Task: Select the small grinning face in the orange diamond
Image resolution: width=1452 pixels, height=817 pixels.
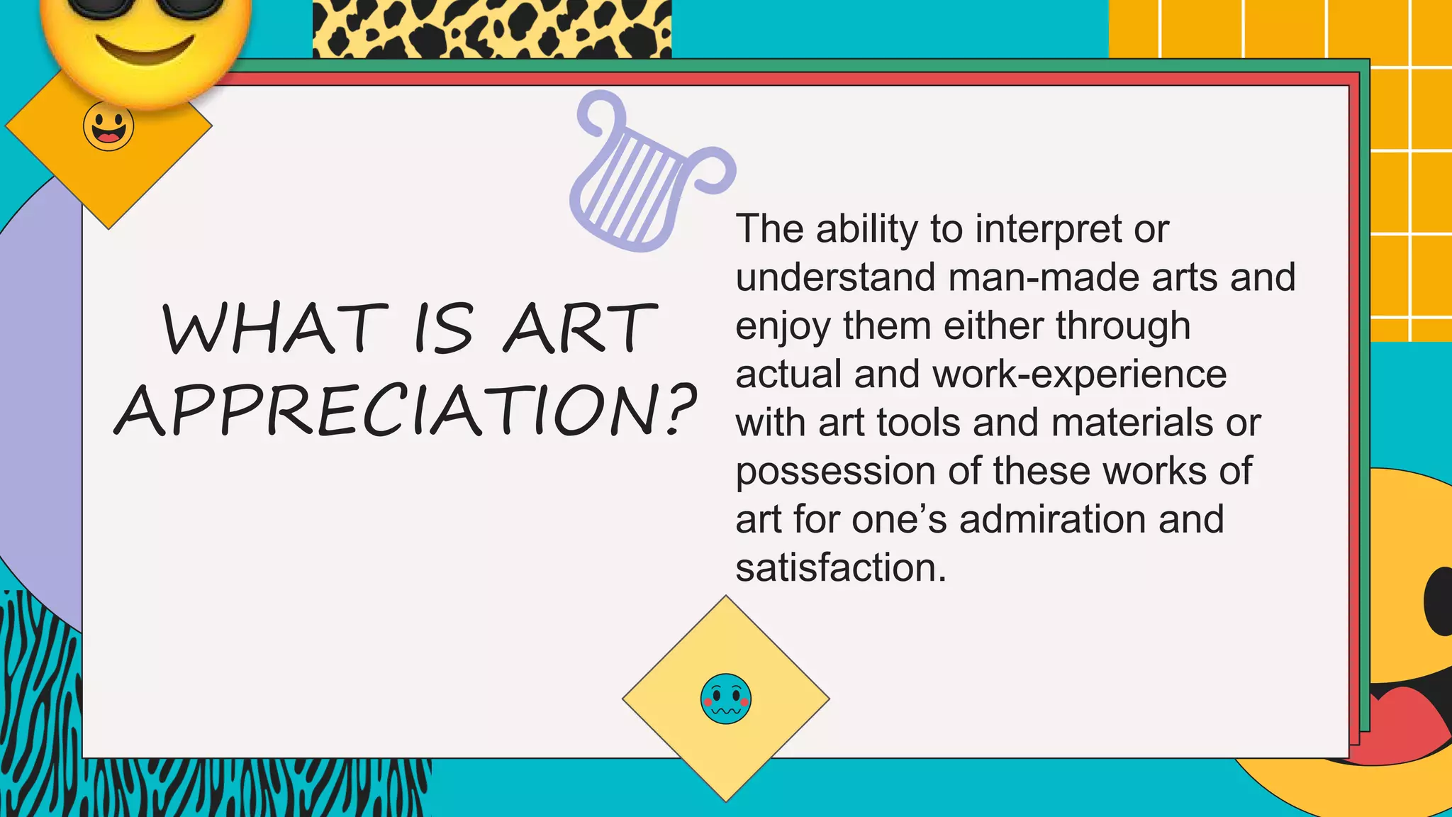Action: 108,126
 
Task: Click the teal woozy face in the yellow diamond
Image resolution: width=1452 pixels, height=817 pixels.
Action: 725,699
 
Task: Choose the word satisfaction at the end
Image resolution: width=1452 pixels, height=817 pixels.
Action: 840,567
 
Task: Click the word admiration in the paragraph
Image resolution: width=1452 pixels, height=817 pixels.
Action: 1053,519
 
